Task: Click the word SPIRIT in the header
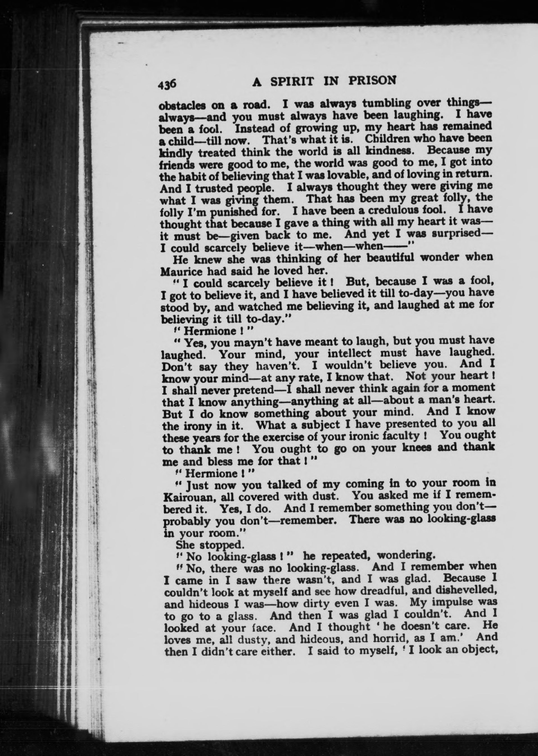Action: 291,82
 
